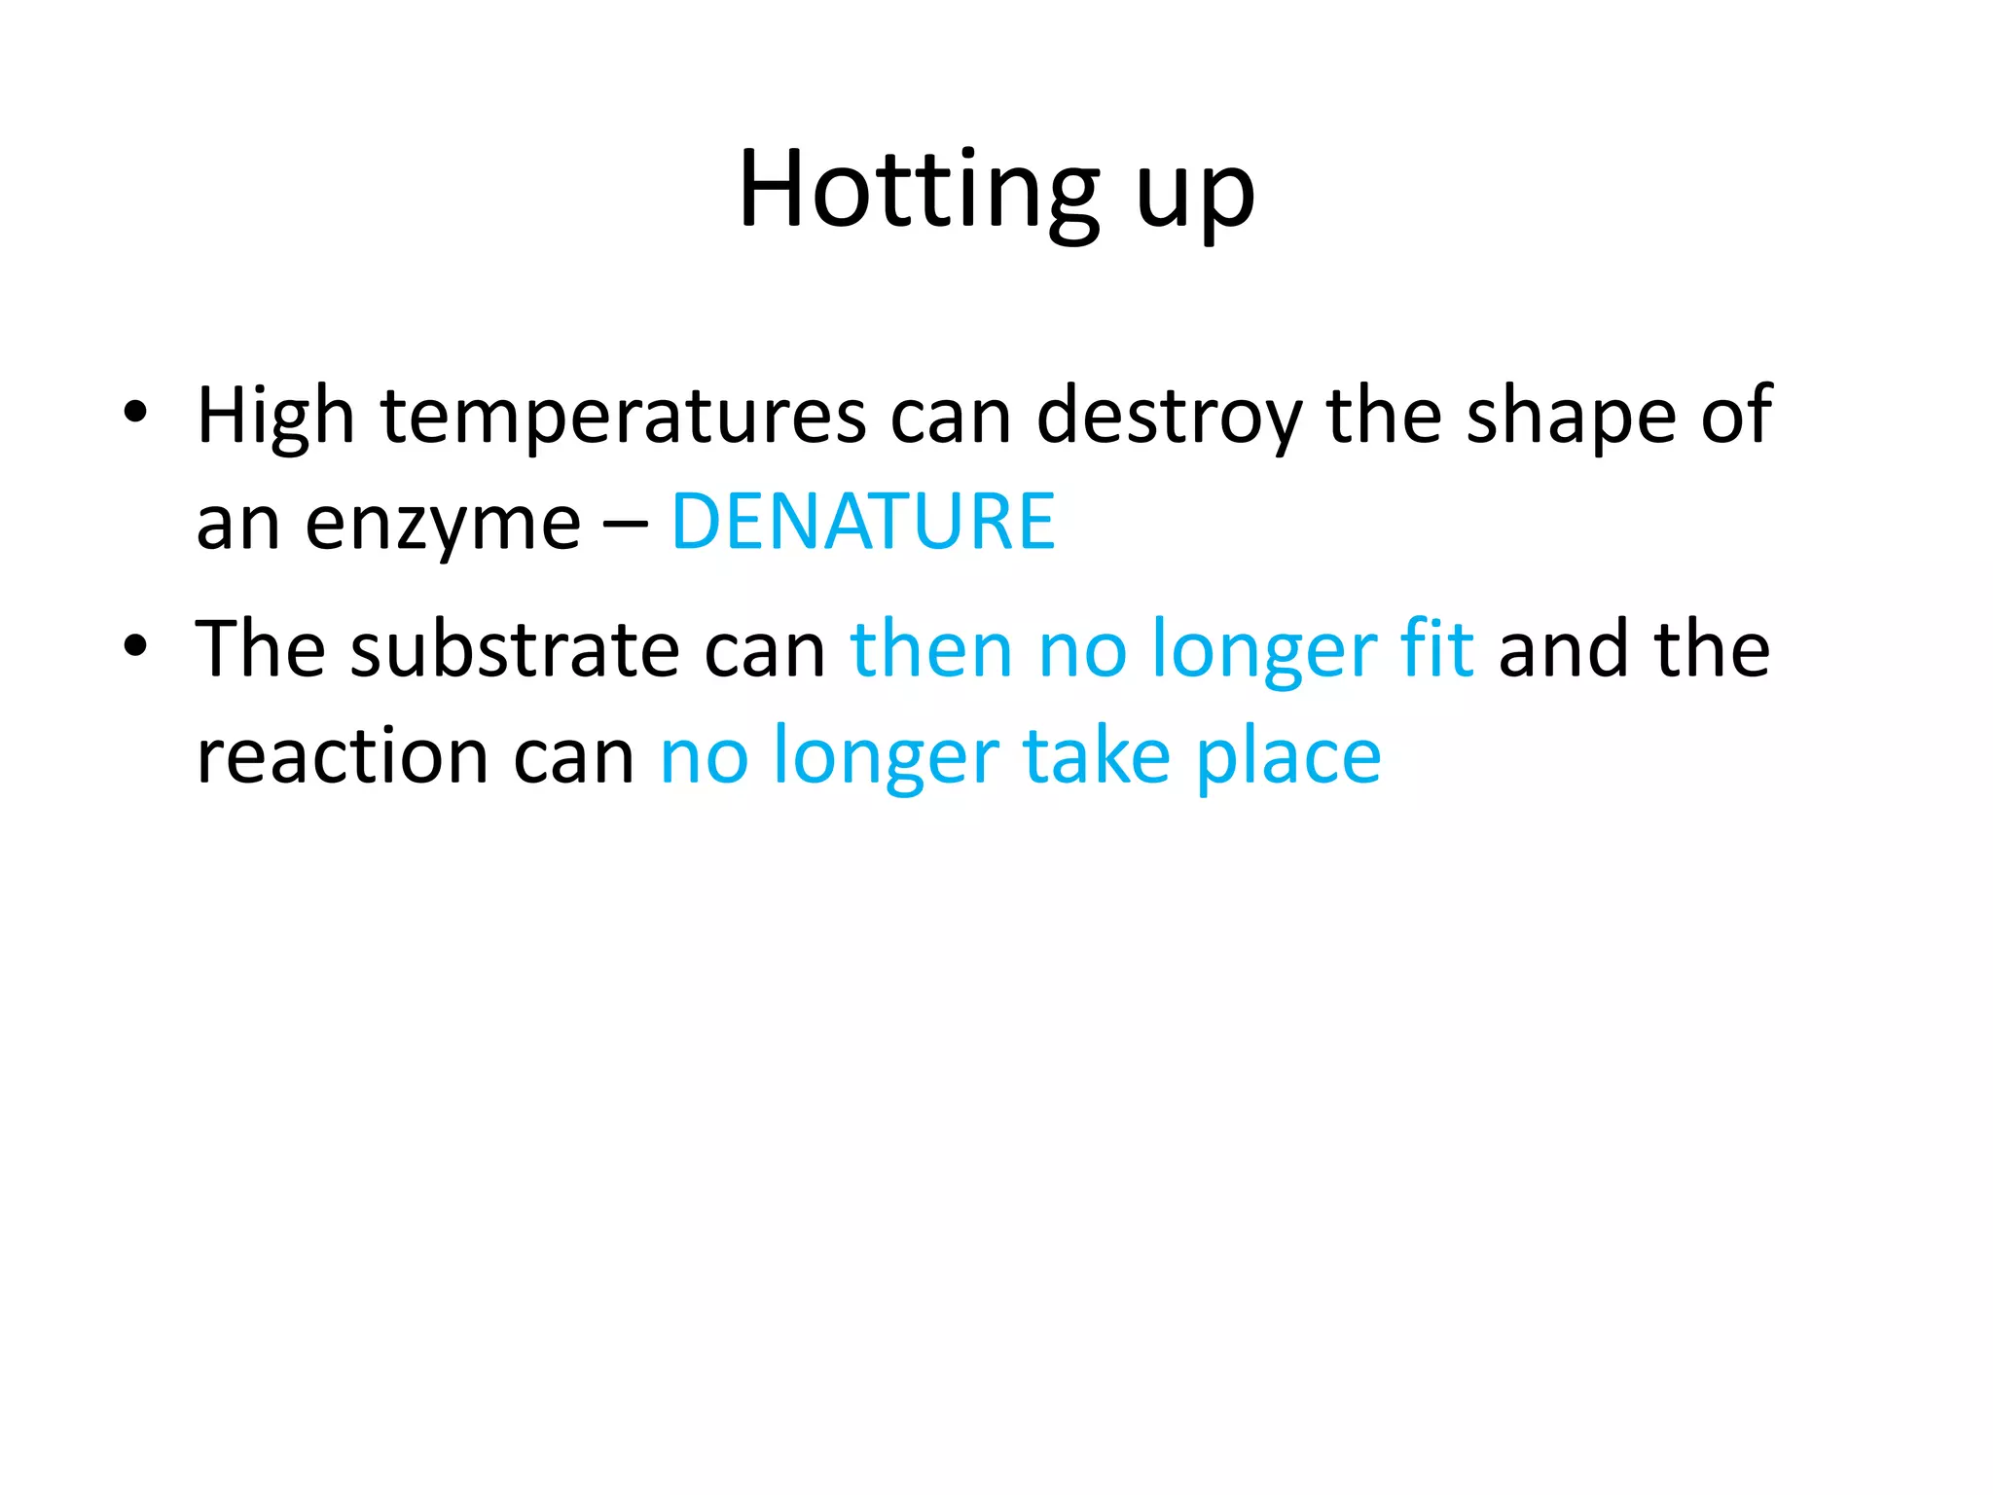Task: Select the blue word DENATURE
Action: pyautogui.click(x=863, y=523)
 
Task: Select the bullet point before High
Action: pyautogui.click(x=135, y=412)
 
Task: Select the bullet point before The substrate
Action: pyautogui.click(x=135, y=645)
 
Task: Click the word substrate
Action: pyautogui.click(x=515, y=650)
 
